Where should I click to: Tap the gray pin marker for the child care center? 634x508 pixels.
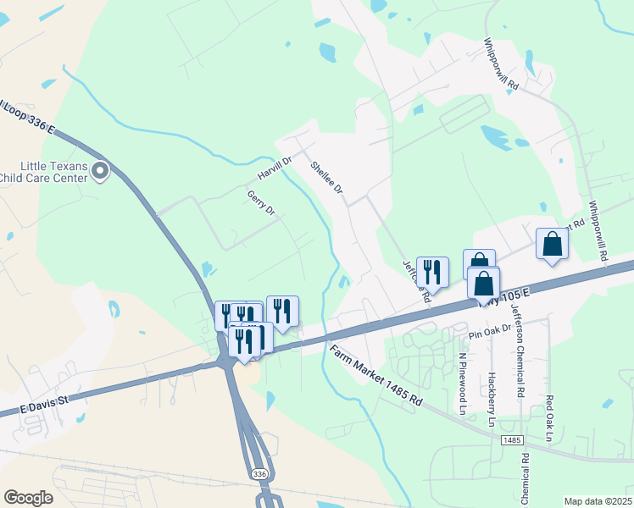point(100,173)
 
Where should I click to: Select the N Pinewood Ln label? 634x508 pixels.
point(463,384)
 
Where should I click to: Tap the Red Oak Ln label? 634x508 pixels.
point(549,418)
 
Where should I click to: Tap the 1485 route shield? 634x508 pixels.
point(510,440)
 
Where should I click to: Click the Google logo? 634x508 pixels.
point(28,498)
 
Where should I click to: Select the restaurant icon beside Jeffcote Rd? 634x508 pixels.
point(432,272)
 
